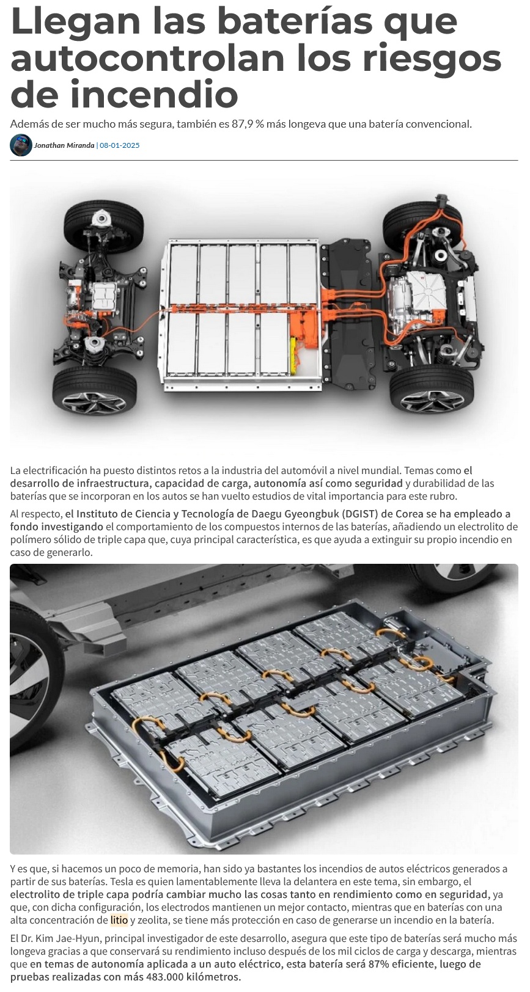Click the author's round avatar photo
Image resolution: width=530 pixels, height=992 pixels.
(x=21, y=145)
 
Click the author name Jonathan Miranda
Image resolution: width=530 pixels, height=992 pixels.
(x=64, y=145)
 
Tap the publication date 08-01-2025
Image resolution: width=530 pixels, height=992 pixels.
(x=120, y=145)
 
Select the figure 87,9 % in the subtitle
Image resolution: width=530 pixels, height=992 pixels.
(x=248, y=124)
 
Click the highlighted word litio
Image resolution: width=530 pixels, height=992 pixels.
(x=119, y=921)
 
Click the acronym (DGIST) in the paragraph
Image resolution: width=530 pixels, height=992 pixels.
(x=361, y=514)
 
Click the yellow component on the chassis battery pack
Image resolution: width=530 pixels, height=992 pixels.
(x=294, y=356)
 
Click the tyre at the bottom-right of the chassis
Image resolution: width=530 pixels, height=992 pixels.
(x=431, y=390)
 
